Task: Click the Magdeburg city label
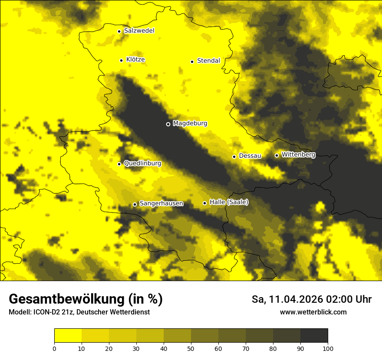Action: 190,124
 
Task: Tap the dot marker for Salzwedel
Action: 119,31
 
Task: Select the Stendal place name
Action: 208,61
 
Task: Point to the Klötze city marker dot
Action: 121,60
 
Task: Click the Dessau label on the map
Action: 250,156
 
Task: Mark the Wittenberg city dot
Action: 277,155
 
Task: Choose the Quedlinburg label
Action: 142,164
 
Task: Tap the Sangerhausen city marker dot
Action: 135,204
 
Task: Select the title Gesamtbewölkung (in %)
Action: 86,299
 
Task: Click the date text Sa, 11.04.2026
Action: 289,299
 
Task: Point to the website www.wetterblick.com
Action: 313,312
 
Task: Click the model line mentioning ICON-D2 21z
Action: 79,312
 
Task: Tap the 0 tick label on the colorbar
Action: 54,348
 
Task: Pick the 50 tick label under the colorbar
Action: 191,348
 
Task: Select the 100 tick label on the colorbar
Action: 328,348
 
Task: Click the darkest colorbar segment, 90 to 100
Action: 314,336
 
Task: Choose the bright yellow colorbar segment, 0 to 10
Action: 68,336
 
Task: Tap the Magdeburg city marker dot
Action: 168,124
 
